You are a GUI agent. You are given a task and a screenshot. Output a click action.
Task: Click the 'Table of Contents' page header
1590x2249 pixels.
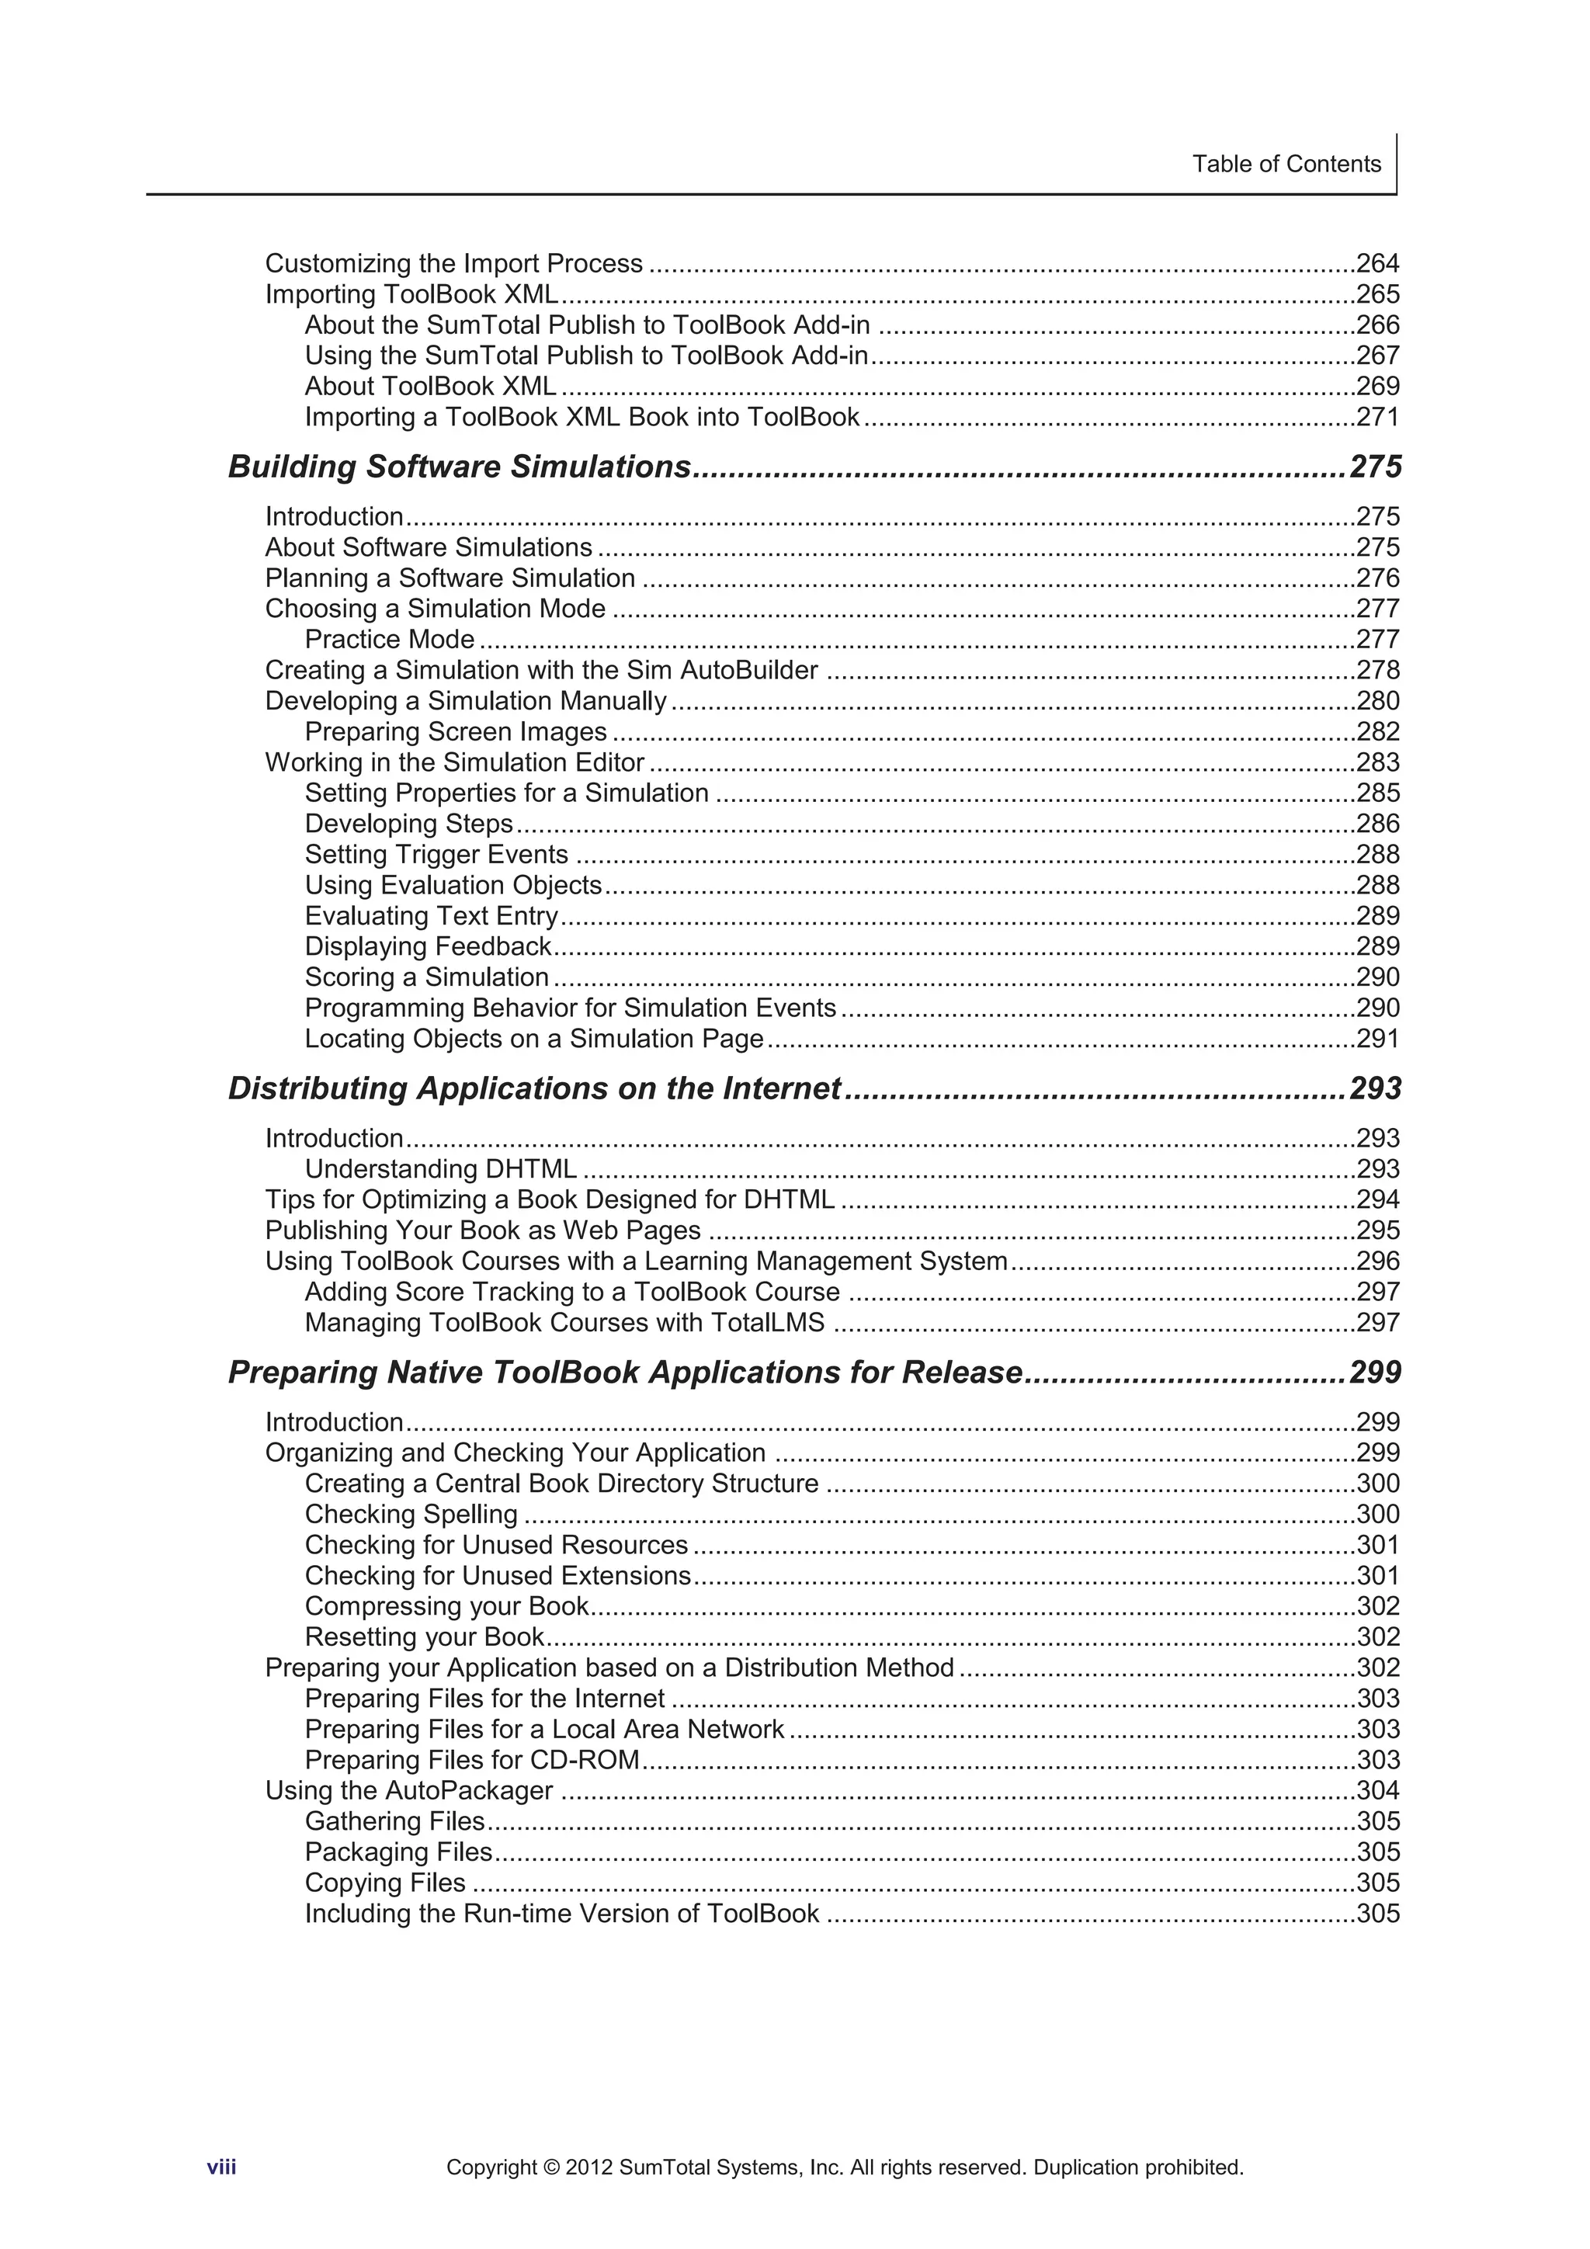[1286, 164]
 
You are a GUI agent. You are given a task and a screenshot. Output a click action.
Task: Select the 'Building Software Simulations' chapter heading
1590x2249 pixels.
[460, 467]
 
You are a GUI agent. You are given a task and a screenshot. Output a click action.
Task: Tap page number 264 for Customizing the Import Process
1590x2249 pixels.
[1376, 263]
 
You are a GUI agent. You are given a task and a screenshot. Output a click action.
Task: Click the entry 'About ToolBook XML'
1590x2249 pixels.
[430, 386]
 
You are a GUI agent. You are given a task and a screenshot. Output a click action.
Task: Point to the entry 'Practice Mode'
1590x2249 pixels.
[389, 640]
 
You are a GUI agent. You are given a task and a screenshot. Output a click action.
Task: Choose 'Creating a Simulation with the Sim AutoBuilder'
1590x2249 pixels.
[541, 670]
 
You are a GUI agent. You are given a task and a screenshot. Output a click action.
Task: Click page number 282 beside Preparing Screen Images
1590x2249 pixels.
[1376, 732]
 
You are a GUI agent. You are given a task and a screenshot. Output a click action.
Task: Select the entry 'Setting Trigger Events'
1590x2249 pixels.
[436, 854]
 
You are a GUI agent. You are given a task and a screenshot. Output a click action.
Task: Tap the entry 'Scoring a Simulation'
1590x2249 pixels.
[426, 977]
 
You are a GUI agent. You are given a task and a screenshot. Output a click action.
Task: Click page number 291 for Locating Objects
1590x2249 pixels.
[1376, 1038]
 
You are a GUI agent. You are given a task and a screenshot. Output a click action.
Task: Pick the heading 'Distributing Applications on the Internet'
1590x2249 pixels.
[534, 1088]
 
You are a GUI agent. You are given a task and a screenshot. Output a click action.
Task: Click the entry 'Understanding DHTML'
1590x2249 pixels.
[440, 1168]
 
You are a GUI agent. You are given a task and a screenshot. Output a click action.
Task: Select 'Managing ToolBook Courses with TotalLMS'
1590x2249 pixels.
[564, 1322]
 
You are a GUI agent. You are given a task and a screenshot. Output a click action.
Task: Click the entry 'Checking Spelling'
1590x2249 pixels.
[411, 1515]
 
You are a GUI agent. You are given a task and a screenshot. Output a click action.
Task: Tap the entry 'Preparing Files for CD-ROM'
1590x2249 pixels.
[471, 1760]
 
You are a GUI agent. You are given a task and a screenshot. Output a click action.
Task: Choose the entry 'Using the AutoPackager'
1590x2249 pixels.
[408, 1790]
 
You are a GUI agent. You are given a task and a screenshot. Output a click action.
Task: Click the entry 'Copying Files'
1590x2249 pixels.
[384, 1883]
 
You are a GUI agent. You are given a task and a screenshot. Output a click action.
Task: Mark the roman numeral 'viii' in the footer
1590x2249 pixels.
[221, 2167]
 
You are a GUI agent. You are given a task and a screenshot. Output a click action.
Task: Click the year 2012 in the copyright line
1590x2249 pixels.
[588, 2167]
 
